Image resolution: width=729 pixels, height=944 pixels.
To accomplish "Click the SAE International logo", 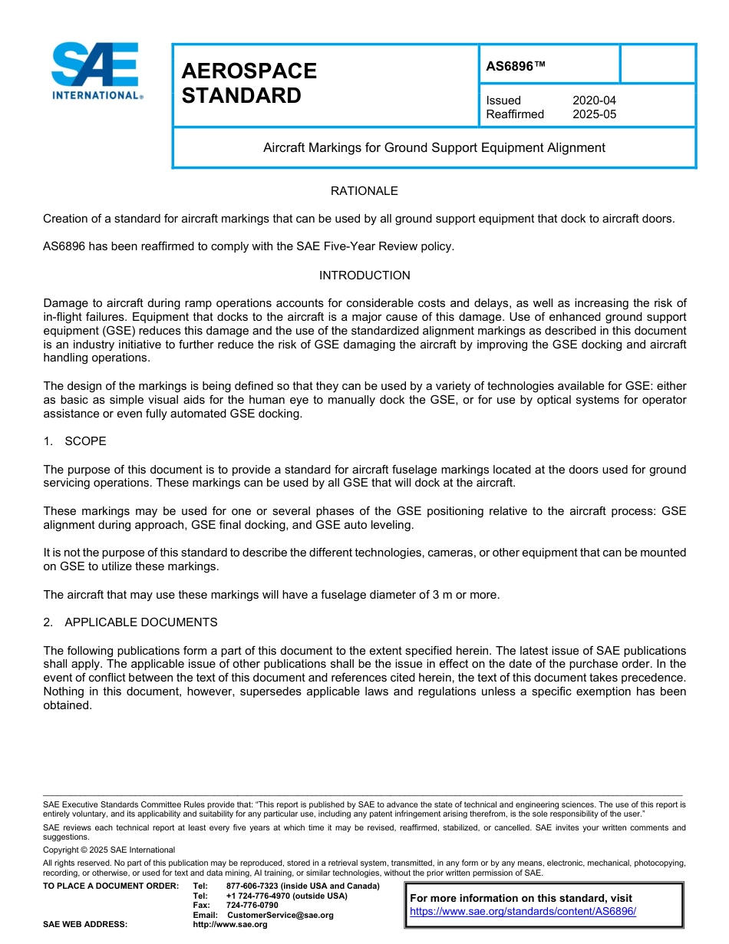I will coord(96,71).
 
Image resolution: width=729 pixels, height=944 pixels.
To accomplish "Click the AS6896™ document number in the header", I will coord(516,67).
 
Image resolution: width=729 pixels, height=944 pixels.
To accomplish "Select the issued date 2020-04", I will coord(594,101).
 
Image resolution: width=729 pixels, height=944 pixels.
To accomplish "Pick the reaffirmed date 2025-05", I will coord(594,114).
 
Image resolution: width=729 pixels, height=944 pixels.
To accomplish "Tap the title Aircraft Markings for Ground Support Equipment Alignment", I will coord(434,147).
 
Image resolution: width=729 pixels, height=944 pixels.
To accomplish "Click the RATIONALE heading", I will coord(364,191).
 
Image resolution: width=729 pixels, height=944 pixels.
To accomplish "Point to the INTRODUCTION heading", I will coord(364,276).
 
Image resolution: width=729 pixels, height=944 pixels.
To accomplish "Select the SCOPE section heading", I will coord(85,441).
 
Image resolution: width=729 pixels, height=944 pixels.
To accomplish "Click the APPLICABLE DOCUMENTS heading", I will coord(140,622).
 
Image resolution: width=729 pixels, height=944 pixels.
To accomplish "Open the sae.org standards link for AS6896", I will coord(523,912).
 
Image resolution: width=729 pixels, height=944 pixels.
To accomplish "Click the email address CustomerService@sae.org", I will coord(280,915).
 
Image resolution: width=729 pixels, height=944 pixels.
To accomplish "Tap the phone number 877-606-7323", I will coord(252,886).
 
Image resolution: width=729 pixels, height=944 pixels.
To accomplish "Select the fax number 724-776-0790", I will coord(252,905).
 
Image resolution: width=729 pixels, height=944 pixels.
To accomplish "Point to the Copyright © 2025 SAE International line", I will coord(109,850).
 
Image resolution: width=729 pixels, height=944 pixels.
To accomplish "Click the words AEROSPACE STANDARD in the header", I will coord(249,83).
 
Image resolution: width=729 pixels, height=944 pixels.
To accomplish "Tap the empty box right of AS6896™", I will coord(657,64).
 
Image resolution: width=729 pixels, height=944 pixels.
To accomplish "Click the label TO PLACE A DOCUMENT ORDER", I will coord(111,886).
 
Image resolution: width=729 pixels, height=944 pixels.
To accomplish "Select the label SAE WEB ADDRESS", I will coord(85,924).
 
